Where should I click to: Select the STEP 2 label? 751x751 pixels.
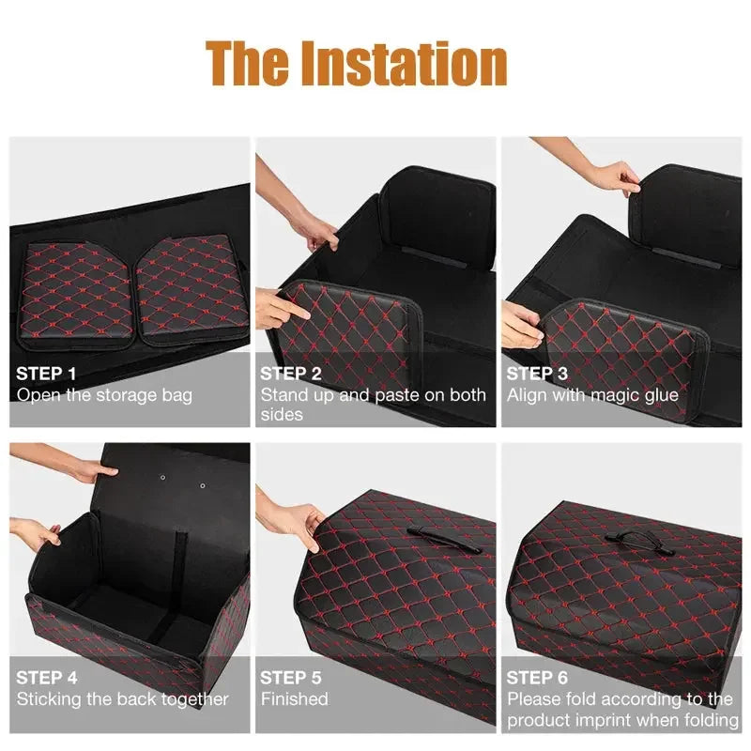coord(291,374)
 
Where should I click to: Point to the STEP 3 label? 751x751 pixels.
coord(537,374)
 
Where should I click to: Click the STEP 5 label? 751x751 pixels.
coord(291,677)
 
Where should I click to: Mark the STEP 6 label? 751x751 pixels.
coord(537,677)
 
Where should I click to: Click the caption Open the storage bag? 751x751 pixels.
coord(104,395)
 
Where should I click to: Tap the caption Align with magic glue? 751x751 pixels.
coord(592,395)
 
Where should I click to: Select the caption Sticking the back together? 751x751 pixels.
coord(122,699)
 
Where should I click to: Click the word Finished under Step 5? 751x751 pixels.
coord(294,699)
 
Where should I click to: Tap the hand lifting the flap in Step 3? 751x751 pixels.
coord(615,176)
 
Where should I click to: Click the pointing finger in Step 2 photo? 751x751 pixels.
coord(282,307)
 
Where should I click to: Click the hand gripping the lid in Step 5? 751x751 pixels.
coord(299,520)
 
